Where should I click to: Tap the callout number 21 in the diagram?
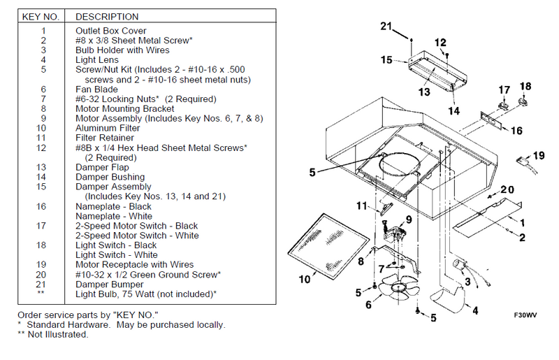(x=387, y=27)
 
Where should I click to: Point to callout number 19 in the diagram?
(x=539, y=155)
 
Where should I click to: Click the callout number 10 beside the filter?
(x=305, y=280)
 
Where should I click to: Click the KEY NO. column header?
(x=43, y=16)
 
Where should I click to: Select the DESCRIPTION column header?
(x=107, y=16)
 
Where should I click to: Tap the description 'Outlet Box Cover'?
(x=111, y=31)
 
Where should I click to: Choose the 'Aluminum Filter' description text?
(x=108, y=129)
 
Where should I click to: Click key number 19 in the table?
(x=43, y=265)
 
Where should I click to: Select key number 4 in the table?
(x=43, y=60)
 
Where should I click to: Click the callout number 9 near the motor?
(x=409, y=219)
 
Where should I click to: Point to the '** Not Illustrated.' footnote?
(x=53, y=335)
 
